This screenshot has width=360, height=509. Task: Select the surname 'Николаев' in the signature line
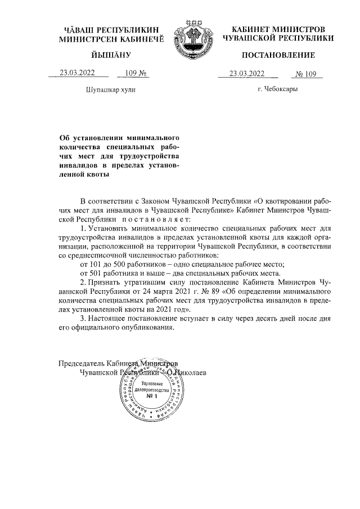192,372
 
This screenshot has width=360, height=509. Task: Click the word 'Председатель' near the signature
83,363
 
